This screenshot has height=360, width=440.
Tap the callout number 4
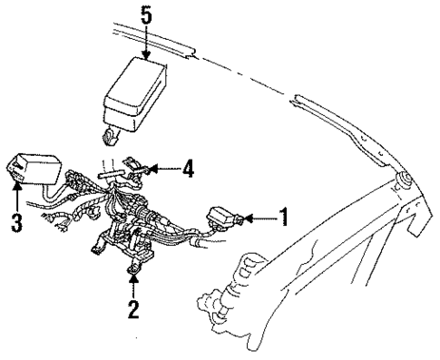coord(189,169)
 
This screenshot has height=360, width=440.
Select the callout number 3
coord(16,221)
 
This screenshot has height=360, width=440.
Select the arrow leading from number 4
coord(163,169)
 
